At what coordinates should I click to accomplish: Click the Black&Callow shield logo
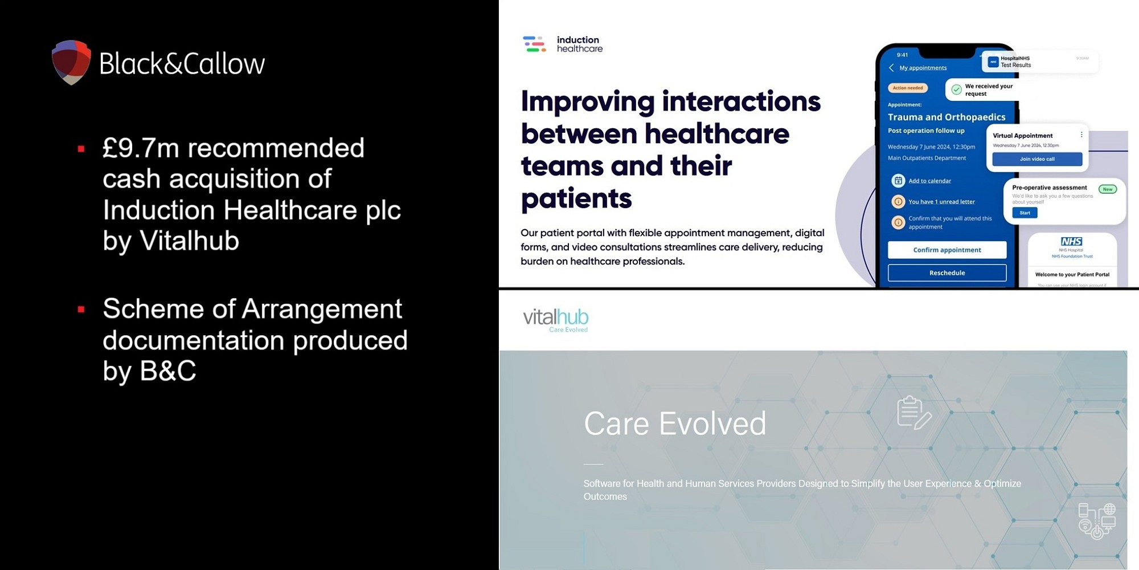coord(71,62)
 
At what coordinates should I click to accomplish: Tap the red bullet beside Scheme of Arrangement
coord(81,310)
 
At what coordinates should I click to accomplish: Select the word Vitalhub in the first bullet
coord(189,241)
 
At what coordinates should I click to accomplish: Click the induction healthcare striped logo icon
coord(534,44)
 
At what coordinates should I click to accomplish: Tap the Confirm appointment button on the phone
coord(947,250)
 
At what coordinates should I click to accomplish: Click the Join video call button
coord(1036,159)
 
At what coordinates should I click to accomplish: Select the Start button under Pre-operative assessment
coord(1025,213)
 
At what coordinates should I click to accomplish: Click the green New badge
coord(1107,189)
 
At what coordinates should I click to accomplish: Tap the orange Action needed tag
coord(908,88)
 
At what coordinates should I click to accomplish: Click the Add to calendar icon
coord(898,181)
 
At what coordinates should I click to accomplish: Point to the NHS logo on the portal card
coord(1071,242)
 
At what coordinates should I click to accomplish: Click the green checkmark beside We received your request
coord(956,89)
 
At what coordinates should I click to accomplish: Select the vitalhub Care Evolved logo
coord(555,320)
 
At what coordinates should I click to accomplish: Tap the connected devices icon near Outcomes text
coord(1096,520)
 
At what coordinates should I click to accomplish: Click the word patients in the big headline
coord(576,199)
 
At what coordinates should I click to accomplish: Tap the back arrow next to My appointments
coord(891,68)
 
